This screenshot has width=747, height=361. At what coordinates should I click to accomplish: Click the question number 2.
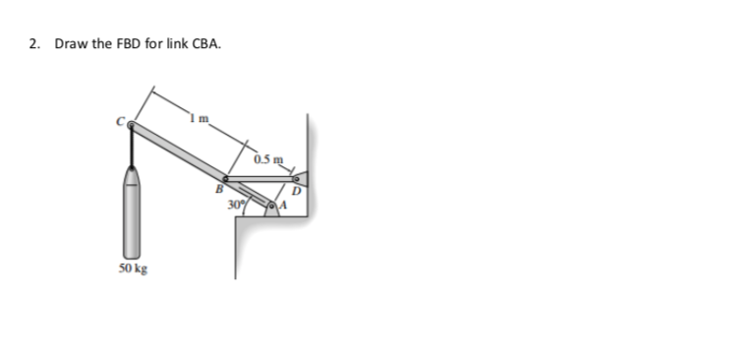pos(33,44)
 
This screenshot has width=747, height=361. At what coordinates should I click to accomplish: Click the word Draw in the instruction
pos(69,44)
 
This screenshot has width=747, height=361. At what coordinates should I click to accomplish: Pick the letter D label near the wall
pos(296,191)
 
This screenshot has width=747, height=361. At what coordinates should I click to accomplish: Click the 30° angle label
pos(236,206)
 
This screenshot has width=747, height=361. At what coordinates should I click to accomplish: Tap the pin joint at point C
pos(133,126)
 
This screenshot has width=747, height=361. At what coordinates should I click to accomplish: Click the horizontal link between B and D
pos(260,179)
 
